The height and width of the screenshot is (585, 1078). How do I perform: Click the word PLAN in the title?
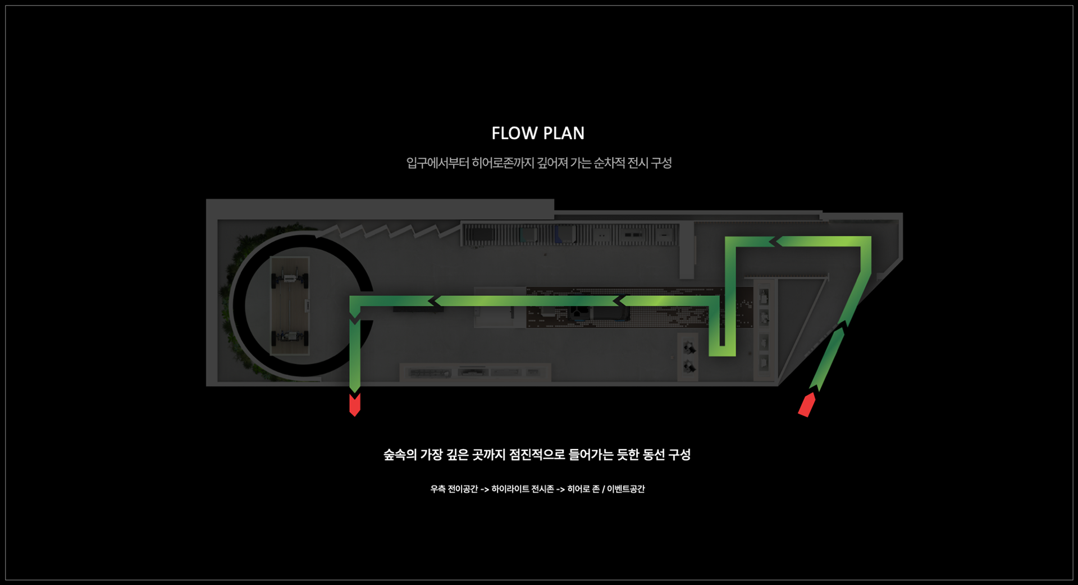564,133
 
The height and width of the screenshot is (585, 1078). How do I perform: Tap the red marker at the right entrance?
807,405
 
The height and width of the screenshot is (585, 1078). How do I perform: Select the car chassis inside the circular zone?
290,306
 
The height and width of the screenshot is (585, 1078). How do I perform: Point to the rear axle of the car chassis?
290,337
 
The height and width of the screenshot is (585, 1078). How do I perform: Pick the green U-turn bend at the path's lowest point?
722,351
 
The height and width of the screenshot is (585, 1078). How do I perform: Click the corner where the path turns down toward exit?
355,301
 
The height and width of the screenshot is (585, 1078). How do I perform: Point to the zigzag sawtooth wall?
387,230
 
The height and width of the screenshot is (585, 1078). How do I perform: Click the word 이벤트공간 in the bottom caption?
626,489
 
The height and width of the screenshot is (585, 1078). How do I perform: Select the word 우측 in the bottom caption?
438,489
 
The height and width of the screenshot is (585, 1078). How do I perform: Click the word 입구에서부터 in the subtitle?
437,163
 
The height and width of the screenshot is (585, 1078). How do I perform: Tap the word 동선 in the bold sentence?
654,454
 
